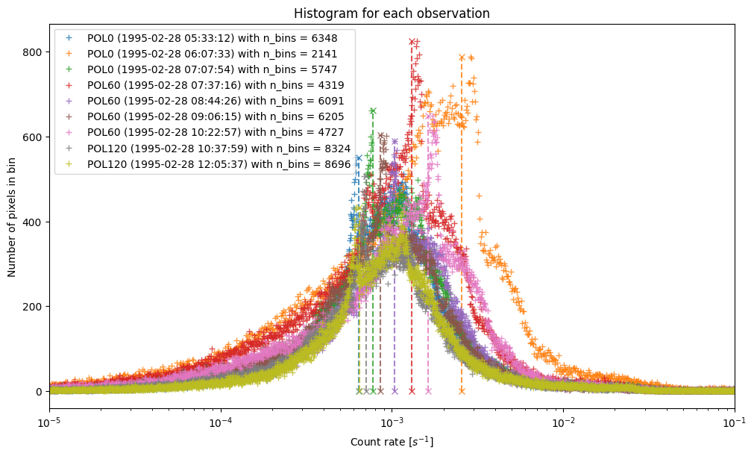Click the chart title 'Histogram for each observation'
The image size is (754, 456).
point(392,13)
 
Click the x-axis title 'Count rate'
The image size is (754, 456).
point(392,442)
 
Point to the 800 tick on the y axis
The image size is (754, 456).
point(36,52)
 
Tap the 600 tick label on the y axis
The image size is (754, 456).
point(36,137)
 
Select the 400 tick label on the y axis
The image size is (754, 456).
point(36,222)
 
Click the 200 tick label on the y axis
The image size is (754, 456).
point(36,307)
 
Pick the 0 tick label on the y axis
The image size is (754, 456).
point(40,391)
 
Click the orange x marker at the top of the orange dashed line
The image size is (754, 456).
point(462,57)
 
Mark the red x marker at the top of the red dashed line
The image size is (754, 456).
point(412,42)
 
